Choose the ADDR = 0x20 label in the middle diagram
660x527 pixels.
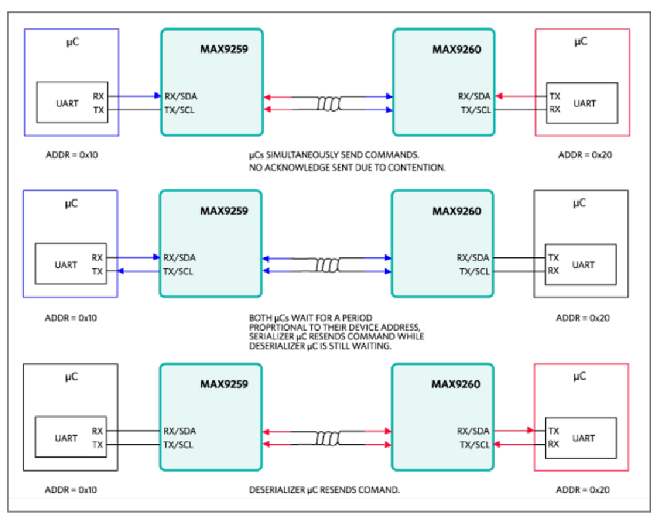(583, 318)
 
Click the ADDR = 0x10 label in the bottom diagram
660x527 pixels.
(72, 490)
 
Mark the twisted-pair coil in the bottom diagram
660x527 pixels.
(327, 437)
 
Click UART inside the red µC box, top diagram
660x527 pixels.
(585, 103)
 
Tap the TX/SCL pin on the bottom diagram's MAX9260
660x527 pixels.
(474, 445)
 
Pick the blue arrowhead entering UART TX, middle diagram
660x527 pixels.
(120, 272)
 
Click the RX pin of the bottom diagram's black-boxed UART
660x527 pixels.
(97, 431)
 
